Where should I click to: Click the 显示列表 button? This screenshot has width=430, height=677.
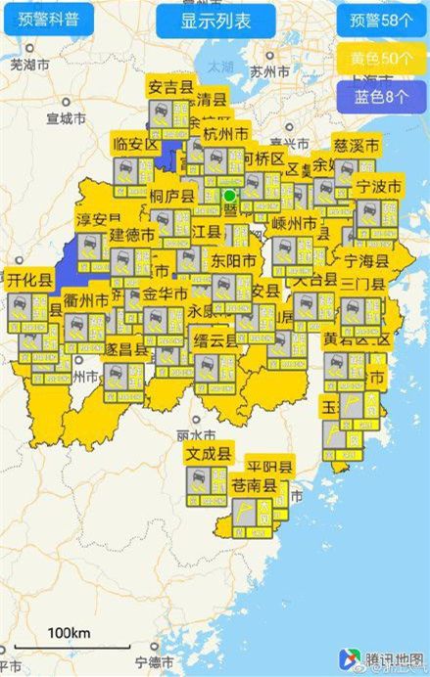215,21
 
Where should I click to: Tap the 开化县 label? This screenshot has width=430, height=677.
28,280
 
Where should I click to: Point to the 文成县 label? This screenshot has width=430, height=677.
210,454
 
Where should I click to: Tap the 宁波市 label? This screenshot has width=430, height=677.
377,186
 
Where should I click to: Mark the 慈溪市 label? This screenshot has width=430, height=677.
356,145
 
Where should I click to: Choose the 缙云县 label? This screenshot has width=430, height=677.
216,341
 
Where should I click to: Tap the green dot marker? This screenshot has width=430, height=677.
230,196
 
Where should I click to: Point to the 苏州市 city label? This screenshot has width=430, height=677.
269,71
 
